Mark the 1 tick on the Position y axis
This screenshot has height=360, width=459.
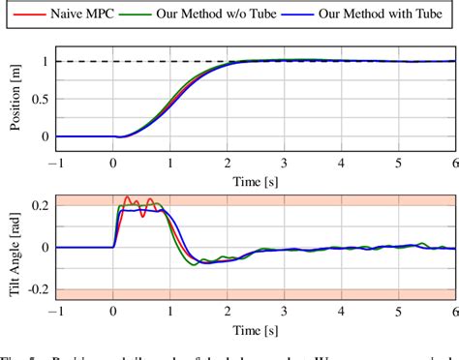[44, 61]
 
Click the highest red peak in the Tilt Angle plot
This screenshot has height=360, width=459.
[126, 196]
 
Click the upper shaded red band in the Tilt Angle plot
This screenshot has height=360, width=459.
[291, 199]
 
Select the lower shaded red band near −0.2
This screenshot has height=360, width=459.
[291, 293]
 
